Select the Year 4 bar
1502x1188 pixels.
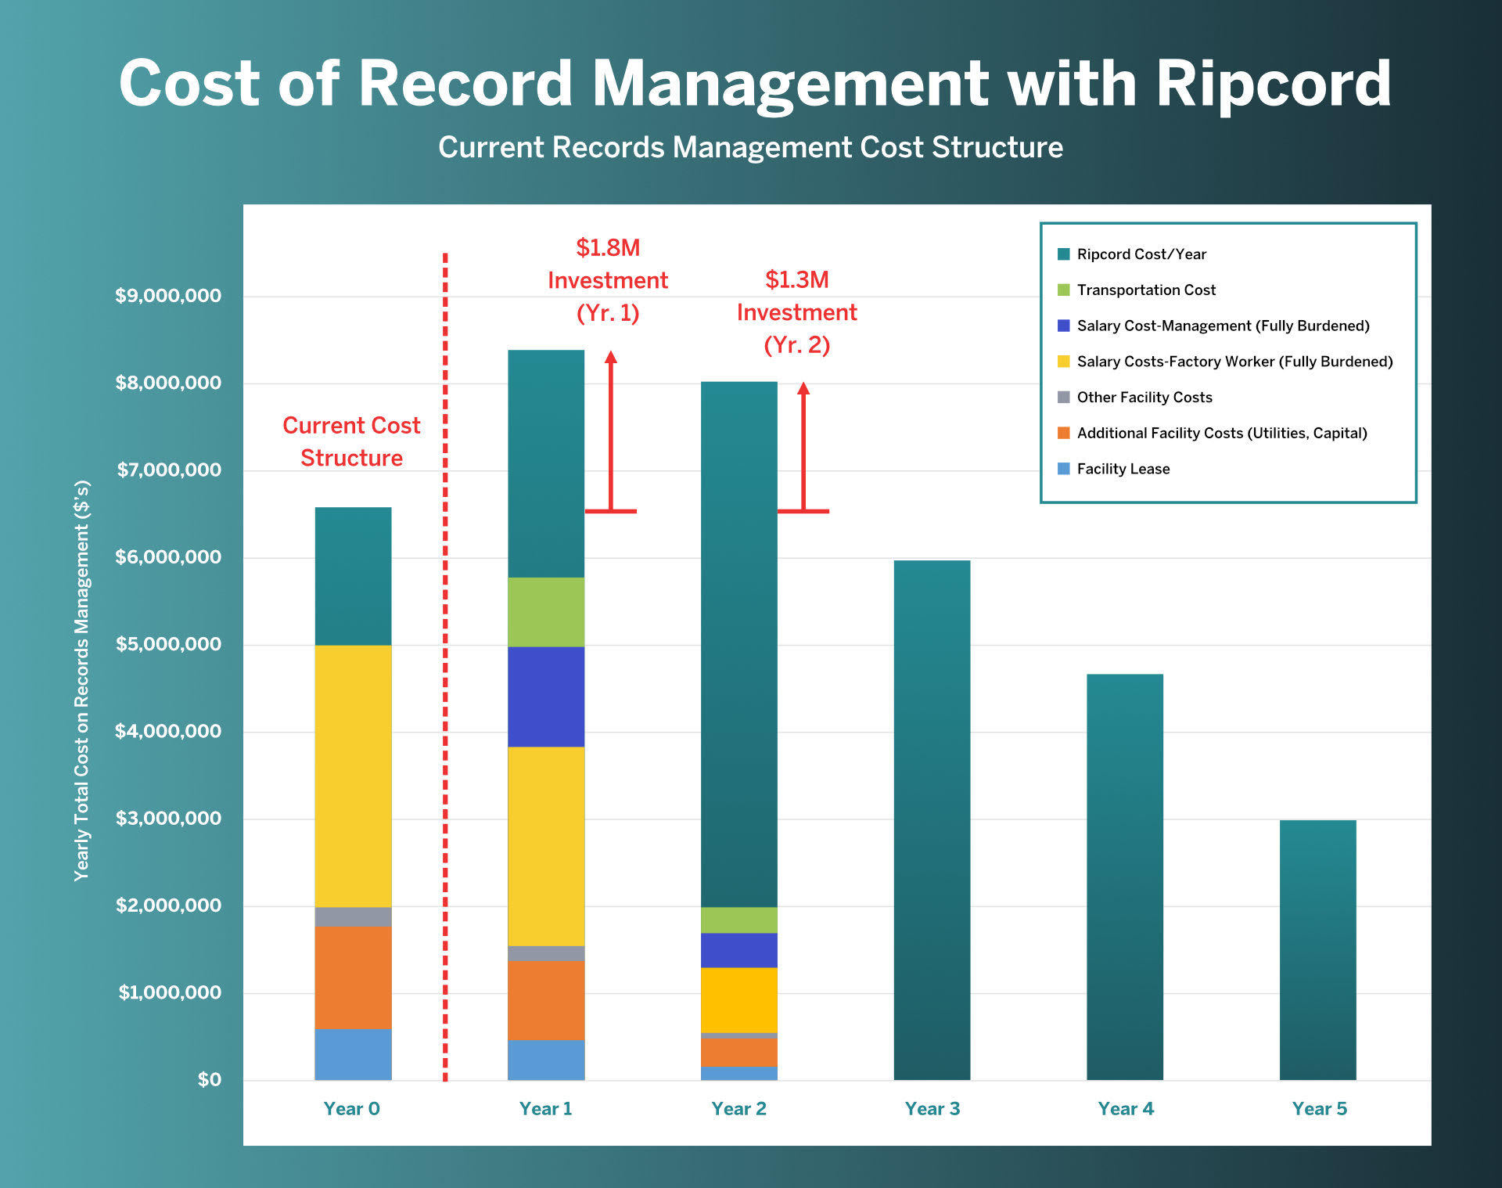pos(1124,877)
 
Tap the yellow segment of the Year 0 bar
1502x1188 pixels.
pos(353,776)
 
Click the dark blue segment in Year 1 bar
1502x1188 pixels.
pos(546,697)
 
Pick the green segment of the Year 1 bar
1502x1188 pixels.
pos(546,612)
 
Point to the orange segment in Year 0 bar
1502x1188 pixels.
pos(353,977)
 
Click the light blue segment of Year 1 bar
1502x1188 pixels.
pos(546,1060)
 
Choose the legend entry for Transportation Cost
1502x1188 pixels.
pos(1145,290)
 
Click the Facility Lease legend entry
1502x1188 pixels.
pos(1123,469)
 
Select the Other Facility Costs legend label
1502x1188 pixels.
pos(1144,398)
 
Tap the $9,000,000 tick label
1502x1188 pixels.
pos(168,296)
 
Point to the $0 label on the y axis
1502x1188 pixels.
pos(209,1080)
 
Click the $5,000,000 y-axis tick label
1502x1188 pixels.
pos(168,644)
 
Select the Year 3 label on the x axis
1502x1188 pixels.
pos(932,1109)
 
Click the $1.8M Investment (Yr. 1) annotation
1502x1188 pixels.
pos(608,280)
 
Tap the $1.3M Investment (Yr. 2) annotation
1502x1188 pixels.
pos(796,312)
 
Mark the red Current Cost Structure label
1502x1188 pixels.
pos(351,441)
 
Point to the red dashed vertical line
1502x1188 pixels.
pos(445,665)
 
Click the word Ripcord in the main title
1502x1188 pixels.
pos(1273,84)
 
